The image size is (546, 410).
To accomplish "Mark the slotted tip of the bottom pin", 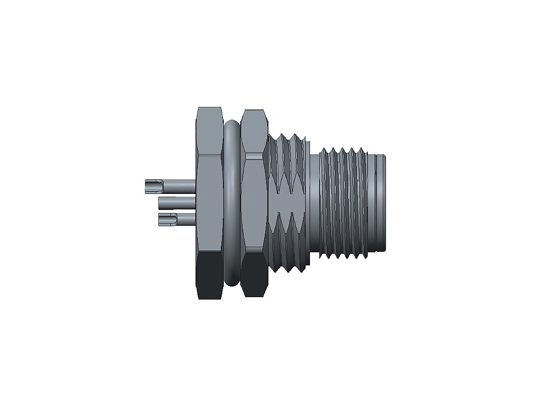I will [x=164, y=219].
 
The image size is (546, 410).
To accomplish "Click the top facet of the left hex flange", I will [x=209, y=130].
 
